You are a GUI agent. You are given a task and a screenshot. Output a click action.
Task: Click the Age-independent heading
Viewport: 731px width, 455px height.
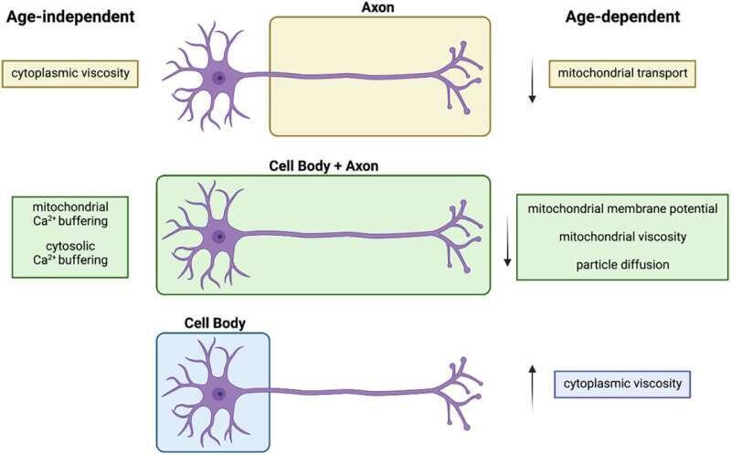click(x=70, y=16)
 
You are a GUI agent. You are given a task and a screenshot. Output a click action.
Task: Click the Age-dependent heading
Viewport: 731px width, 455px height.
click(x=622, y=16)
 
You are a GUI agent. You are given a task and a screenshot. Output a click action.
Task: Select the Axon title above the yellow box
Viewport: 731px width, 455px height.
click(x=377, y=7)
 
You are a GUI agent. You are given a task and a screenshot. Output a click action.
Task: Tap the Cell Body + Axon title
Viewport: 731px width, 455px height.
click(x=323, y=166)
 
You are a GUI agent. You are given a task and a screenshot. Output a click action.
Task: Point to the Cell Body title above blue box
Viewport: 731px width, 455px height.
click(x=215, y=323)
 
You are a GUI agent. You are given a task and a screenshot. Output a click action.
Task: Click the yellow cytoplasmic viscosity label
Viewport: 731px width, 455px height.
click(x=70, y=73)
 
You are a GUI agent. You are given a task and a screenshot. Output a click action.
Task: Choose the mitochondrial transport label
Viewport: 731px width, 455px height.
click(x=622, y=73)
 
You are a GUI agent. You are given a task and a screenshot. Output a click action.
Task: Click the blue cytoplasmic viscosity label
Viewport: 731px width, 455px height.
click(x=622, y=384)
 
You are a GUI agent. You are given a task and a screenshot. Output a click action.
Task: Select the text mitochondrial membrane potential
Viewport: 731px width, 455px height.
click(x=622, y=208)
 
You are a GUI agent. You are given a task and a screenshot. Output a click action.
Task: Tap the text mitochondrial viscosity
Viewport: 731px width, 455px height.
click(x=622, y=237)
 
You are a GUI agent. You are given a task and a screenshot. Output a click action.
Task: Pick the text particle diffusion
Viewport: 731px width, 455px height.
click(x=622, y=265)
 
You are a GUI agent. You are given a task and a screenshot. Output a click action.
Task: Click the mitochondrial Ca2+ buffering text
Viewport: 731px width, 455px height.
click(x=70, y=214)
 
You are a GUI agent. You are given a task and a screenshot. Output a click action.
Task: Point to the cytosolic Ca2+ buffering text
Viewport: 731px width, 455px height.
click(x=70, y=253)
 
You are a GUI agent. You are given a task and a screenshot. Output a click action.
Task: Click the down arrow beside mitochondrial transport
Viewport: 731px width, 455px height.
click(x=532, y=79)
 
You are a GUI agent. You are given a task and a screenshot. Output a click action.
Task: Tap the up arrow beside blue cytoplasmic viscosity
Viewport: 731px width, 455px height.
click(x=532, y=388)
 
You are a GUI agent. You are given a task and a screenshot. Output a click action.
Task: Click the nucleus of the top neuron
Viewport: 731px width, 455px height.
click(x=218, y=78)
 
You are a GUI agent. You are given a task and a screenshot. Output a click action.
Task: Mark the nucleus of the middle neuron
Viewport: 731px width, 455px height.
click(x=218, y=237)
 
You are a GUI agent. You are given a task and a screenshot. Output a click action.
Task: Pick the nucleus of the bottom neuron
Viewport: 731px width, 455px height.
click(x=218, y=395)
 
